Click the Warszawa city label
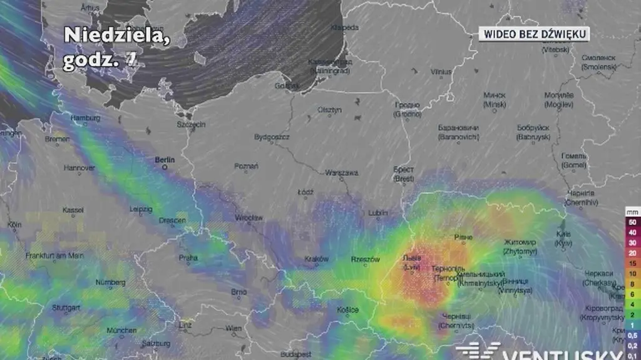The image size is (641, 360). pos(341,172)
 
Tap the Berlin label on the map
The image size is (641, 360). pos(165,160)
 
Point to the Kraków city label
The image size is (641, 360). pos(317,259)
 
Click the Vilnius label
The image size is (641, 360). pos(441,72)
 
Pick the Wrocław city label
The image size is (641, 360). pos(249,218)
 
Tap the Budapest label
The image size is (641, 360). pos(295,354)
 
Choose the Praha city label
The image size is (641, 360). pos(188,257)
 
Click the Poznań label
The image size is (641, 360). pos(246,166)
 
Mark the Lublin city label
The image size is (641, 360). pos(377,213)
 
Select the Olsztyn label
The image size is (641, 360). pos(329,110)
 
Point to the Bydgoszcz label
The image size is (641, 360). pos(271,136)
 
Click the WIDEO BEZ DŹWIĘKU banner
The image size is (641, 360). pos(535,34)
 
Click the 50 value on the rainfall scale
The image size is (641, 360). pos(632,222)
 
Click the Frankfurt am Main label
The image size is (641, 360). pos(54,255)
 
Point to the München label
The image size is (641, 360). pos(121,330)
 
